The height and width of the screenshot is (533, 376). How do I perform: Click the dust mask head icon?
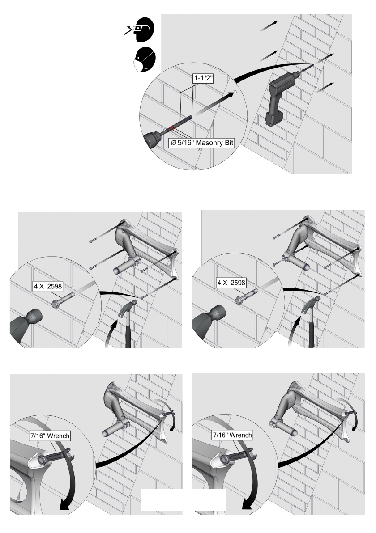tap(145, 59)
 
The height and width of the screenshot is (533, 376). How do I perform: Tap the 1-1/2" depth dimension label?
tap(204, 78)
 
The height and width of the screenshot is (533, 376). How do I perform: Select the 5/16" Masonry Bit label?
tap(202, 143)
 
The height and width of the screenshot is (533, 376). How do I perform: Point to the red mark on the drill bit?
tap(172, 128)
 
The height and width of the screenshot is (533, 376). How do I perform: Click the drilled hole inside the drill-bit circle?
tap(235, 92)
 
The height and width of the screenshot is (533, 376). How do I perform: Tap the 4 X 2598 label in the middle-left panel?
tap(48, 286)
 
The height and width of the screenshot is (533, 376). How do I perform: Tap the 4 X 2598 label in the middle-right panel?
tap(231, 283)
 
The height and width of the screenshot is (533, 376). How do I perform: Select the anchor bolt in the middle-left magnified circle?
tap(63, 299)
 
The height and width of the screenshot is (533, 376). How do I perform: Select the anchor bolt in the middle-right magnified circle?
tap(246, 295)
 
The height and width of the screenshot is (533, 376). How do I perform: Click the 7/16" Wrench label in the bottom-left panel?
tap(50, 436)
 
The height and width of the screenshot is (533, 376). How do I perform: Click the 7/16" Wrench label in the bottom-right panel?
tap(232, 435)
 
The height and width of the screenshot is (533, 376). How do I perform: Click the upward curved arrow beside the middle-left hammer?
tap(113, 333)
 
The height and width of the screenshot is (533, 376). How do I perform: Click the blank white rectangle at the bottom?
tap(184, 500)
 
